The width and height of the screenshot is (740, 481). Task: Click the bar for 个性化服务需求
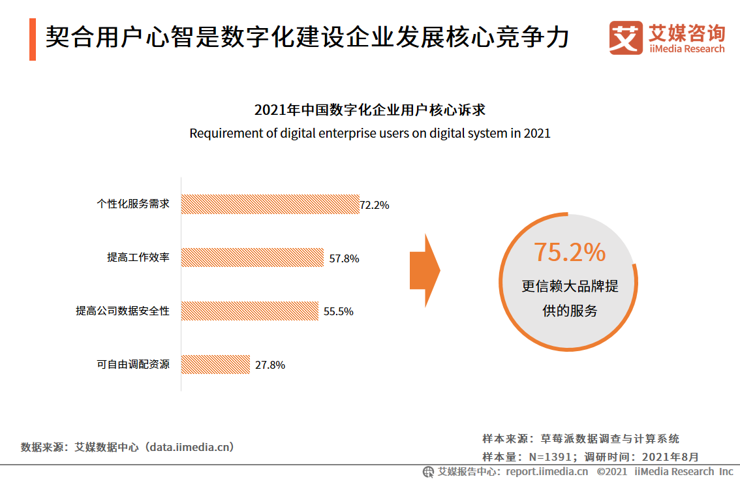pyautogui.click(x=270, y=204)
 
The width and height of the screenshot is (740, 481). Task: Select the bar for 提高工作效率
pyautogui.click(x=252, y=257)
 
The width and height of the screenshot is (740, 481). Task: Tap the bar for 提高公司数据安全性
pyautogui.click(x=249, y=311)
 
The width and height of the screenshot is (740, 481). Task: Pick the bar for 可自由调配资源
pyautogui.click(x=215, y=364)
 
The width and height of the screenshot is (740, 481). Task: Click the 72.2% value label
pyautogui.click(x=375, y=205)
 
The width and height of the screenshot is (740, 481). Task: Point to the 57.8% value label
pyautogui.click(x=344, y=258)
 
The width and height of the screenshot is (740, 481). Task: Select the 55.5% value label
pyautogui.click(x=338, y=312)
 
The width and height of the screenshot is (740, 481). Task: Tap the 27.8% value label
pyautogui.click(x=270, y=365)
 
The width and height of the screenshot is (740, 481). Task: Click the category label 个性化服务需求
pyautogui.click(x=133, y=204)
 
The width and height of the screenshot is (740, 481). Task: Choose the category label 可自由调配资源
pyautogui.click(x=133, y=364)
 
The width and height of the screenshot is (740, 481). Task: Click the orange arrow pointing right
pyautogui.click(x=424, y=270)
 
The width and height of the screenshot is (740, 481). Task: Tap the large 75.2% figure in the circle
pyautogui.click(x=570, y=252)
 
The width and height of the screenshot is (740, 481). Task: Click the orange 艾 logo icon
pyautogui.click(x=626, y=38)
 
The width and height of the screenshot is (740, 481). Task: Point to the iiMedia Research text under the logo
pyautogui.click(x=686, y=49)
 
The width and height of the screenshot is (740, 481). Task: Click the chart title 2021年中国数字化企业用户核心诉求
pyautogui.click(x=369, y=110)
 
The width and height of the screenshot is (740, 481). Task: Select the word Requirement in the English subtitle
pyautogui.click(x=221, y=134)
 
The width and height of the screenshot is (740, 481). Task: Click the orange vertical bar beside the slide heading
pyautogui.click(x=33, y=39)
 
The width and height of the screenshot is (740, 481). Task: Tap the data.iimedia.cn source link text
pyautogui.click(x=189, y=447)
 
